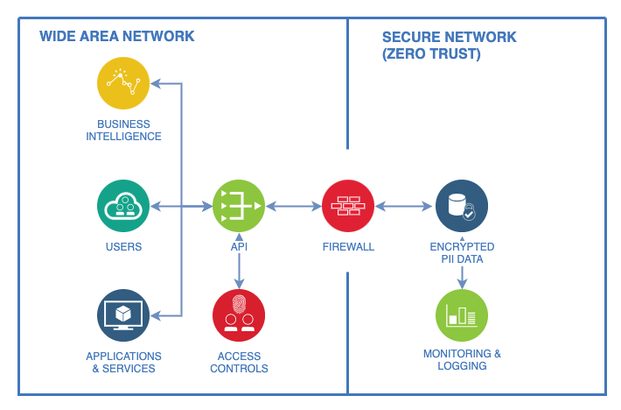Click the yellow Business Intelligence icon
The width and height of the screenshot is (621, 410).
click(123, 83)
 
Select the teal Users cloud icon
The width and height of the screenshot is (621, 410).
click(123, 207)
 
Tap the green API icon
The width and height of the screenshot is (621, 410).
click(239, 207)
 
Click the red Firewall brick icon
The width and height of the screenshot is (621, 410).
click(348, 207)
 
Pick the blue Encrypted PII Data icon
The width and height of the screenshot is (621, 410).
click(462, 207)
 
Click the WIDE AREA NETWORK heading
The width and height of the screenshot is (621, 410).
click(117, 37)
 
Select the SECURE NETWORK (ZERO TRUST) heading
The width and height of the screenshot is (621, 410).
click(449, 46)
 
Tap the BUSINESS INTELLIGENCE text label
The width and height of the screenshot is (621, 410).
click(123, 131)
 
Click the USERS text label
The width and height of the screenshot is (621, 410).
click(123, 247)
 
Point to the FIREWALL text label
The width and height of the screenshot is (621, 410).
click(348, 247)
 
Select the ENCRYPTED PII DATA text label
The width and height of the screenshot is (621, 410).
click(462, 253)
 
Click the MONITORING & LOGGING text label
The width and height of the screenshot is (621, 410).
click(462, 360)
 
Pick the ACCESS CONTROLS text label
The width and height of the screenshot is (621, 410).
click(239, 363)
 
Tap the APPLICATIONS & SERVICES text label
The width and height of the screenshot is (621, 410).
click(123, 363)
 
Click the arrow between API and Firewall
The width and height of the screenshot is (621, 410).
click(294, 207)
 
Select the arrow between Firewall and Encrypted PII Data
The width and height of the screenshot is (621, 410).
click(405, 207)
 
